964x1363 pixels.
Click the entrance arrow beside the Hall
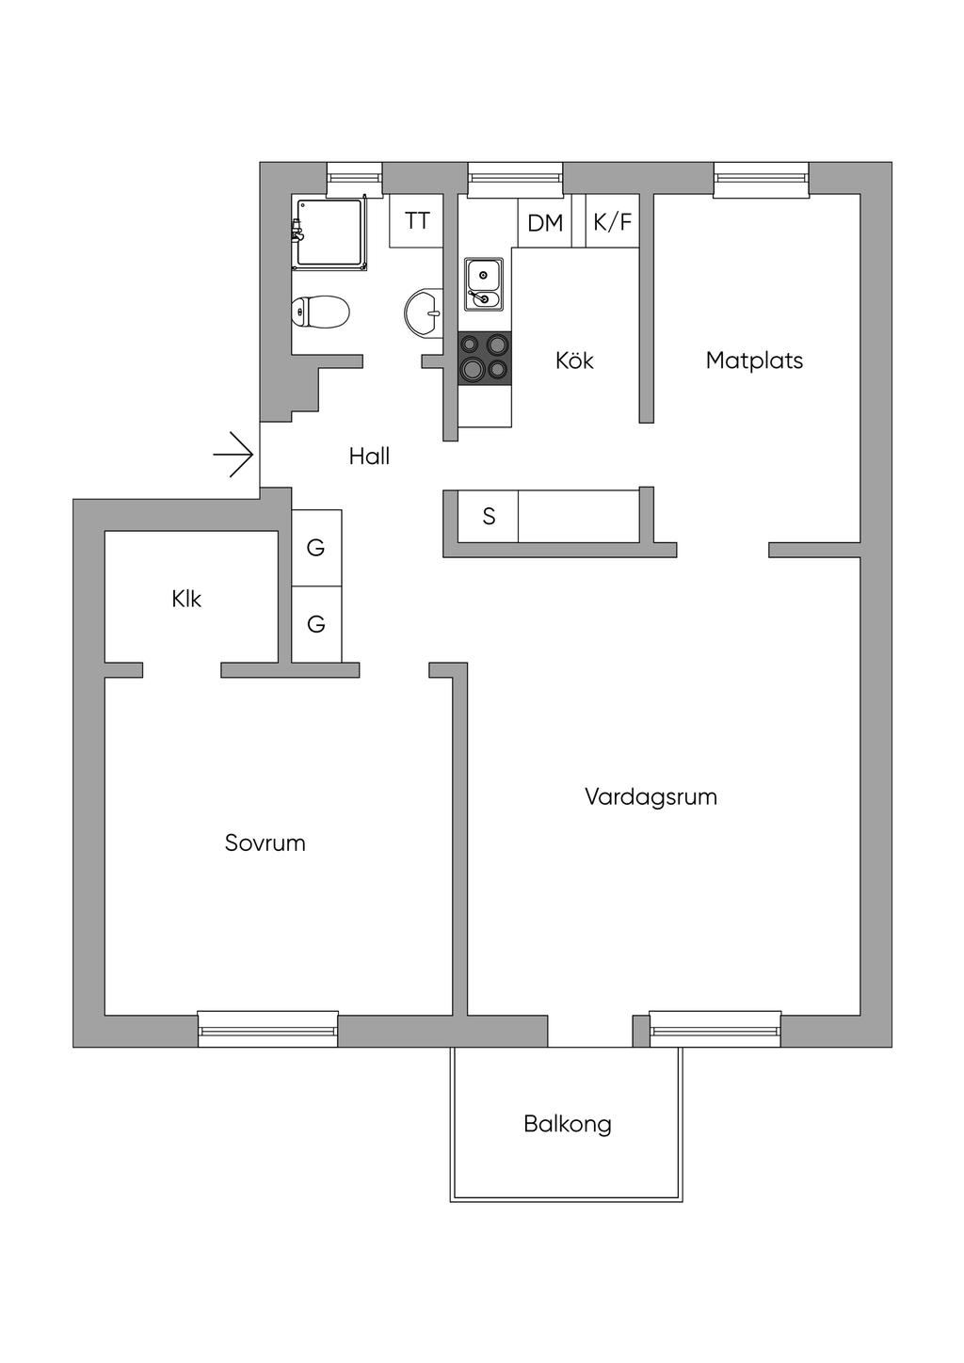pyautogui.click(x=234, y=456)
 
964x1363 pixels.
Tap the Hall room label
pyautogui.click(x=369, y=457)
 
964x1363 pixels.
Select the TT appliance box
pyautogui.click(x=417, y=221)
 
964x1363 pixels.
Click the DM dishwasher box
pyautogui.click(x=545, y=223)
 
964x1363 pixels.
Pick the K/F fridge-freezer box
pyautogui.click(x=612, y=222)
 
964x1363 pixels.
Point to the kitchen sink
pyautogui.click(x=484, y=284)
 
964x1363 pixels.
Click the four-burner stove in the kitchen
pyautogui.click(x=485, y=359)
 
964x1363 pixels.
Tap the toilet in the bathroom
pyautogui.click(x=321, y=312)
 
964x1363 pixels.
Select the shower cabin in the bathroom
pyautogui.click(x=329, y=233)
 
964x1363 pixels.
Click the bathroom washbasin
pyautogui.click(x=423, y=312)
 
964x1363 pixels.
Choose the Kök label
pyautogui.click(x=574, y=361)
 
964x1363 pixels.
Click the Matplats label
pyautogui.click(x=754, y=361)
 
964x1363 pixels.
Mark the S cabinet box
pyautogui.click(x=489, y=517)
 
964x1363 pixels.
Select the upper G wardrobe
pyautogui.click(x=316, y=548)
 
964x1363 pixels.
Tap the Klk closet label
pyautogui.click(x=186, y=600)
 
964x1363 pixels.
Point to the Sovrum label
pyautogui.click(x=265, y=843)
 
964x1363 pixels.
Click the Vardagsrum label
pyautogui.click(x=651, y=797)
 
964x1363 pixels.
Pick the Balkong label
pyautogui.click(x=568, y=1124)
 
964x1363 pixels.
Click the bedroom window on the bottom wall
pyautogui.click(x=267, y=1030)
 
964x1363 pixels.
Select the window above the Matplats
pyautogui.click(x=761, y=179)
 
